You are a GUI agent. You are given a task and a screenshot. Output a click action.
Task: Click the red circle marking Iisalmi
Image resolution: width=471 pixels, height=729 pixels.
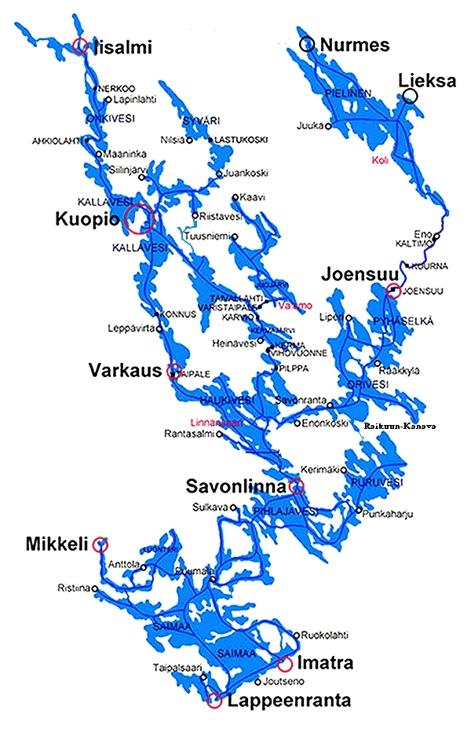(x=79, y=46)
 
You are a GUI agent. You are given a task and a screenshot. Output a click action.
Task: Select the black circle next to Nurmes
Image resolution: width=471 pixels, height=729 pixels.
(x=306, y=45)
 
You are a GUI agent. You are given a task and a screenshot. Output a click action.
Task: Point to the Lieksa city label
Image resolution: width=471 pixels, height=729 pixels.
(x=426, y=80)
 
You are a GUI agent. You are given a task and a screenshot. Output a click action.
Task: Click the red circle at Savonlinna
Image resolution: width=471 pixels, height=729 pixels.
(x=297, y=486)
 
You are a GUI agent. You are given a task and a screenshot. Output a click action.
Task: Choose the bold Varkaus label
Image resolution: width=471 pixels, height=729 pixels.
(x=125, y=368)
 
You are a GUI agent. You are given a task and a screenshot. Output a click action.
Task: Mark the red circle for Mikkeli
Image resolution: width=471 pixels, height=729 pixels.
(x=100, y=544)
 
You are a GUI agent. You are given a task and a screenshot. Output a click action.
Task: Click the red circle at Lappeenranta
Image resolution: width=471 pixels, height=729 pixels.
(x=214, y=701)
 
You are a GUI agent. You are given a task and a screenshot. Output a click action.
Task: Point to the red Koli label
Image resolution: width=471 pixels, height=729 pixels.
(x=380, y=160)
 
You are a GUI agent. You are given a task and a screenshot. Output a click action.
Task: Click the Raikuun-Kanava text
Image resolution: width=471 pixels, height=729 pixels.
(x=398, y=427)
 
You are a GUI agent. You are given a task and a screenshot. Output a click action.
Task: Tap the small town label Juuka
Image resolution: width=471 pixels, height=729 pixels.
(x=311, y=125)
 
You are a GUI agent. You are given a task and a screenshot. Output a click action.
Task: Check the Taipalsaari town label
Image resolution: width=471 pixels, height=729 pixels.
(x=175, y=669)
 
